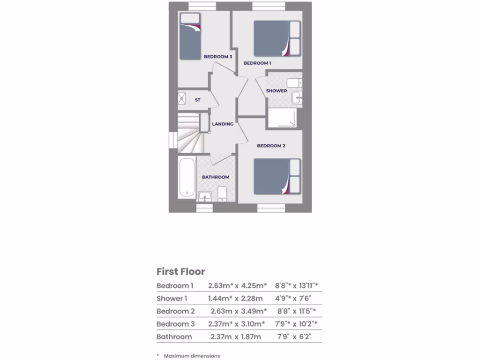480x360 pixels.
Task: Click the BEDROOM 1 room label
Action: (257, 63)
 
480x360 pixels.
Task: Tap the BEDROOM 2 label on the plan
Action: (271, 146)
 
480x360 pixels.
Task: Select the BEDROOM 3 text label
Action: (218, 57)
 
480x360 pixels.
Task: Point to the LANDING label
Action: (223, 124)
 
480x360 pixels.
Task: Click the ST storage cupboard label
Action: (198, 100)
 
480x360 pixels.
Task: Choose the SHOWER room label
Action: (277, 91)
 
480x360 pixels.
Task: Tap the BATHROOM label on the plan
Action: (216, 177)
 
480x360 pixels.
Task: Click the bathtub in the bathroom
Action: (187, 178)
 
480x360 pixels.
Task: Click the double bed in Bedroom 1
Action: (277, 38)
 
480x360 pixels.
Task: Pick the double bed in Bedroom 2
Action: (277, 176)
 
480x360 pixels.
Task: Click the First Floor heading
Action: (180, 272)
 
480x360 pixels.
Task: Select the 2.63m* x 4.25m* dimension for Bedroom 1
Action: (238, 285)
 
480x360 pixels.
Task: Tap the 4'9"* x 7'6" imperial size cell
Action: (293, 298)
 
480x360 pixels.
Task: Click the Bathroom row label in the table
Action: (174, 337)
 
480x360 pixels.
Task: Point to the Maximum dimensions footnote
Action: (192, 356)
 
